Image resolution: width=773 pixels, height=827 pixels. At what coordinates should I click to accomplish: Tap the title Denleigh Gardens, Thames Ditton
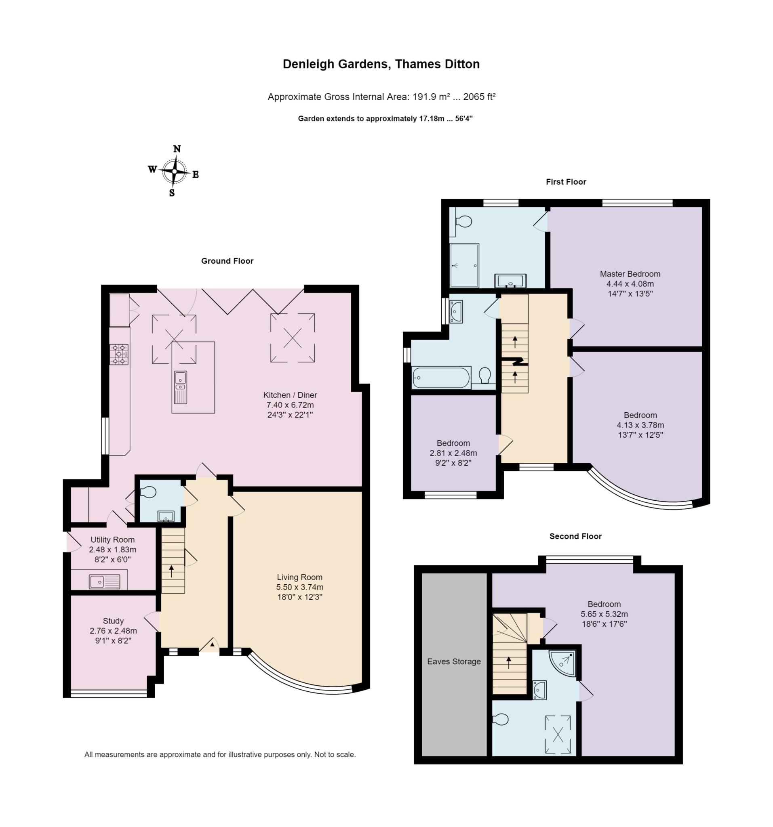[381, 64]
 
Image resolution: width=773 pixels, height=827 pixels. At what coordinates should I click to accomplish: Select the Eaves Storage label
[454, 661]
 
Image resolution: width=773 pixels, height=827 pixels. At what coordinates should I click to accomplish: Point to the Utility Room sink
[104, 581]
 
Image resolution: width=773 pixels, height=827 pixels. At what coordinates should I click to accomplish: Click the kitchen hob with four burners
[119, 355]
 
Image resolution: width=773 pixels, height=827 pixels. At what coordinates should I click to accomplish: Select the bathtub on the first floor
[441, 378]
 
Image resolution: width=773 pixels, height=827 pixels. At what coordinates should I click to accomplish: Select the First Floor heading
[566, 182]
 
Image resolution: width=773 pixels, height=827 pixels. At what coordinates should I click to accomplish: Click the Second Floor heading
[575, 536]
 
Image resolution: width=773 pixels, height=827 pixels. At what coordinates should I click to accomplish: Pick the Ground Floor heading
[227, 261]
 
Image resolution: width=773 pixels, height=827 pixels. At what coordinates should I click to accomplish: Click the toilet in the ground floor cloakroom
[147, 493]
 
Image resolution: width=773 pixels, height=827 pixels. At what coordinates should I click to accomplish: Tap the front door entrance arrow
[212, 644]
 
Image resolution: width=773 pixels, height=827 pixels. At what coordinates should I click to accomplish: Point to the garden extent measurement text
[385, 119]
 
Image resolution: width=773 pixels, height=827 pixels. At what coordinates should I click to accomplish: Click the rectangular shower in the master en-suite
[464, 265]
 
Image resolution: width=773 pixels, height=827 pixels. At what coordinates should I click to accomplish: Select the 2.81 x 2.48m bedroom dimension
[453, 453]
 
